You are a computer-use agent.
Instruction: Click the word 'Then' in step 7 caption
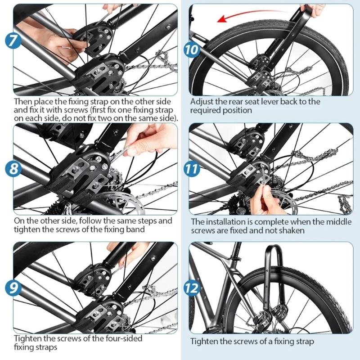[x=23, y=102]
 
